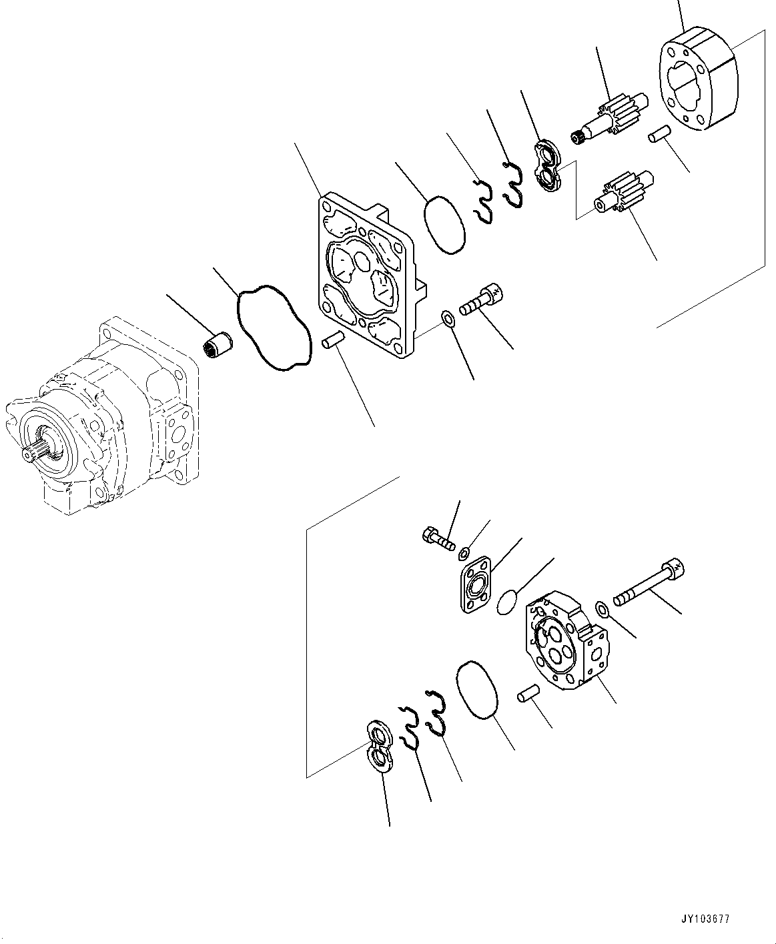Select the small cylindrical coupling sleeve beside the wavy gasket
click(x=218, y=345)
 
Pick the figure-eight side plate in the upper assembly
click(x=550, y=167)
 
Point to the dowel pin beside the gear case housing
click(x=657, y=135)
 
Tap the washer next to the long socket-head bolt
click(x=601, y=608)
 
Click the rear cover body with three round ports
click(x=567, y=640)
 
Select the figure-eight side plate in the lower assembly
click(x=380, y=745)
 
